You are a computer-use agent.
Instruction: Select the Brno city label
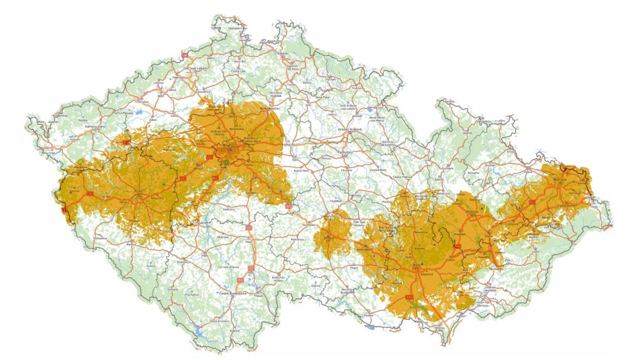click(x=416, y=265)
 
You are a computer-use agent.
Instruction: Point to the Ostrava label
click(x=559, y=180)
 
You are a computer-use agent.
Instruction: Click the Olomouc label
click(x=472, y=211)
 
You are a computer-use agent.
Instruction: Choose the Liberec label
click(x=283, y=53)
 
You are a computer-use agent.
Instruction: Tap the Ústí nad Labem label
click(x=195, y=68)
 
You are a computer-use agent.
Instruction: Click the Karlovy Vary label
click(x=95, y=127)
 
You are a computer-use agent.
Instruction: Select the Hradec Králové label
click(x=350, y=129)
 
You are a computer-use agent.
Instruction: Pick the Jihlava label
click(x=329, y=238)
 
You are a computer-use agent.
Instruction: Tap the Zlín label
click(x=508, y=260)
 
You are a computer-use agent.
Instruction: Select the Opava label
click(x=528, y=172)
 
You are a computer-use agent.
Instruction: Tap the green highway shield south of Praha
click(x=225, y=163)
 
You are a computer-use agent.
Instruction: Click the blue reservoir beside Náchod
click(x=370, y=110)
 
